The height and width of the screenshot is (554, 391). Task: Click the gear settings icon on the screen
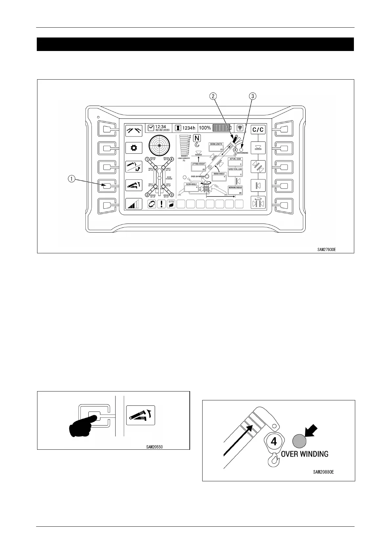pyautogui.click(x=134, y=148)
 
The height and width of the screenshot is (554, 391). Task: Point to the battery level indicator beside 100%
pyautogui.click(x=222, y=128)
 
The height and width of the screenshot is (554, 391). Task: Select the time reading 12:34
pyautogui.click(x=160, y=127)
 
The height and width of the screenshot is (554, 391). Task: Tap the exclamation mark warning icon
pyautogui.click(x=162, y=204)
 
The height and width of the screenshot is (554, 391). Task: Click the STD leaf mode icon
pyautogui.click(x=171, y=204)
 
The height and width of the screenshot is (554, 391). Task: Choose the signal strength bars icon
pyautogui.click(x=134, y=204)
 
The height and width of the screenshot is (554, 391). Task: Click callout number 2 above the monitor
pyautogui.click(x=214, y=96)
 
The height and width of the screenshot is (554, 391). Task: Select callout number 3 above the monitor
pyautogui.click(x=252, y=96)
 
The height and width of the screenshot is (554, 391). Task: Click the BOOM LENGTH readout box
pyautogui.click(x=216, y=147)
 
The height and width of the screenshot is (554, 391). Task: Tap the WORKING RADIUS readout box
pyautogui.click(x=235, y=190)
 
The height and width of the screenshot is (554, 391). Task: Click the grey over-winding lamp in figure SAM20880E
pyautogui.click(x=299, y=441)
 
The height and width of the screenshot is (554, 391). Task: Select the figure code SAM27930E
pyautogui.click(x=326, y=250)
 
